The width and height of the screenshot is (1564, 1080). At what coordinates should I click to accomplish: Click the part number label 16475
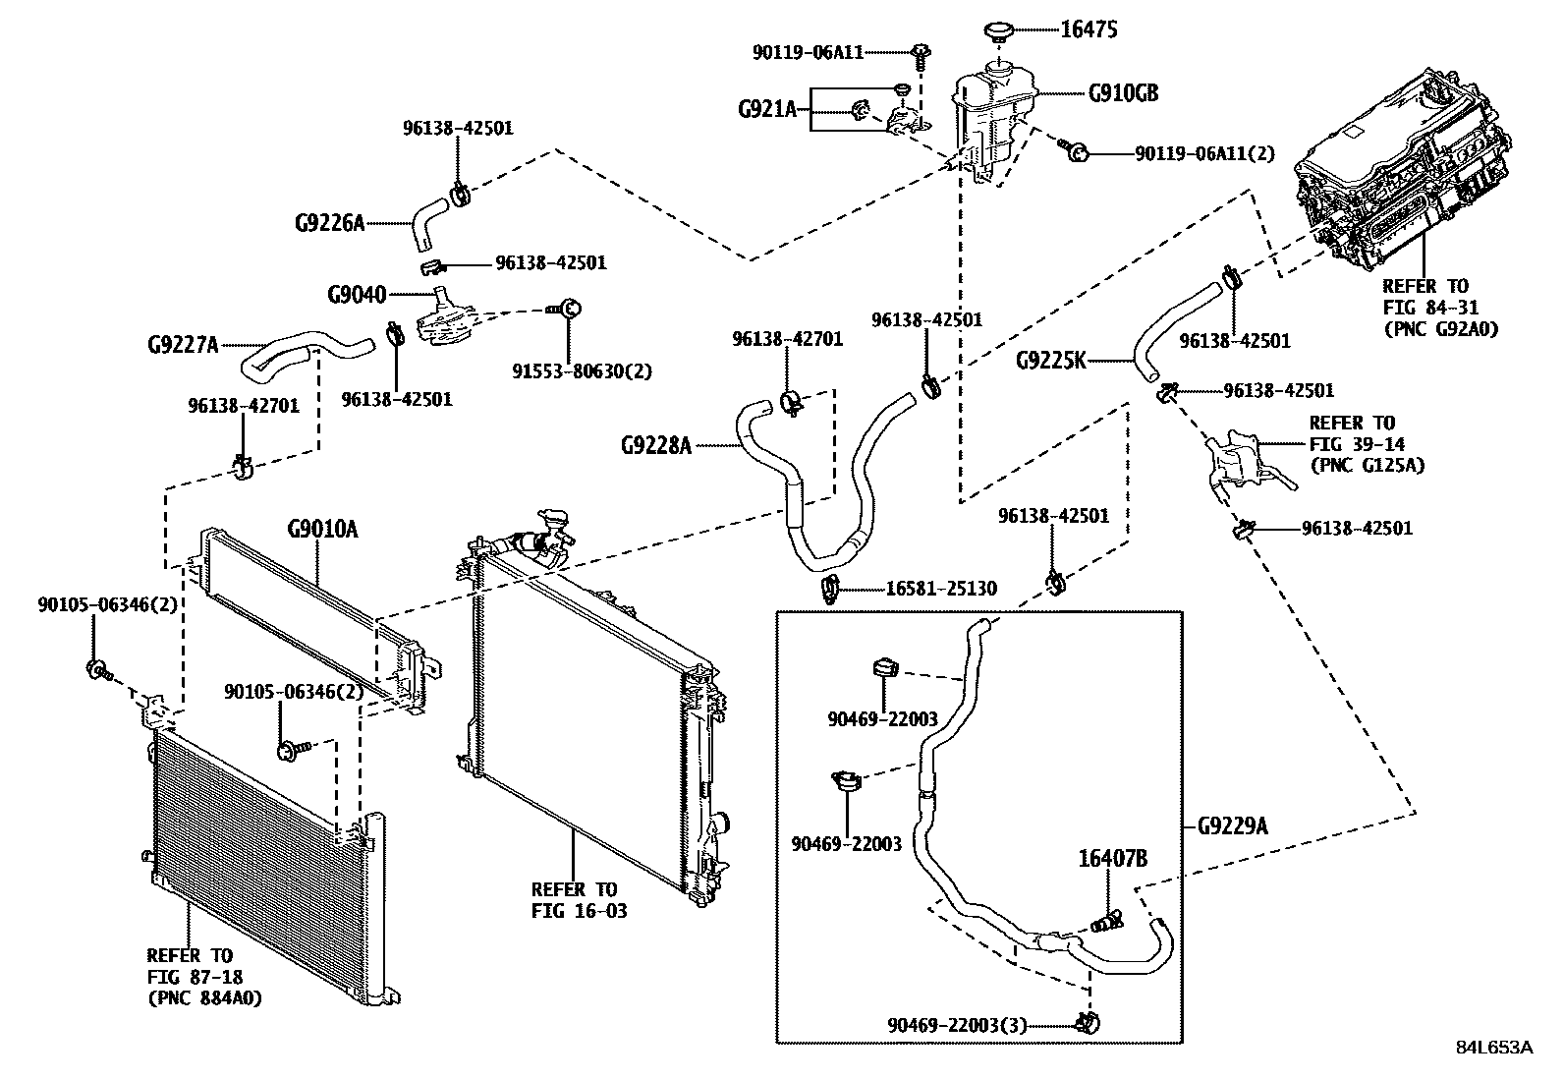pyautogui.click(x=1089, y=30)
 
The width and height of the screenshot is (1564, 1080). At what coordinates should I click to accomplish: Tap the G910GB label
pyautogui.click(x=1123, y=94)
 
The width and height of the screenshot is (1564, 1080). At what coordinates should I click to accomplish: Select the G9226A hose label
pyautogui.click(x=329, y=223)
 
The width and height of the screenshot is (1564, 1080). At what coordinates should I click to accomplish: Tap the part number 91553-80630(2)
pyautogui.click(x=582, y=371)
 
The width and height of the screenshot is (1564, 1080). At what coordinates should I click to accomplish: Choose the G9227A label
pyautogui.click(x=184, y=345)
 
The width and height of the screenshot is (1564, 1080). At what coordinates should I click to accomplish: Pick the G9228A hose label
pyautogui.click(x=656, y=445)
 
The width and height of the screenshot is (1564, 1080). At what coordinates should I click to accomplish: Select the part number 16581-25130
pyautogui.click(x=941, y=589)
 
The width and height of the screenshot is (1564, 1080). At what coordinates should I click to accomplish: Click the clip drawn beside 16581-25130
pyautogui.click(x=828, y=589)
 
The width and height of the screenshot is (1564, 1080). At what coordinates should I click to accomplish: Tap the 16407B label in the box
pyautogui.click(x=1113, y=858)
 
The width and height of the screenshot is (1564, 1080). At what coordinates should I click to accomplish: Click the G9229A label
pyautogui.click(x=1232, y=826)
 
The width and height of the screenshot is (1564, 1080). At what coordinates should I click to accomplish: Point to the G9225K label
pyautogui.click(x=1051, y=361)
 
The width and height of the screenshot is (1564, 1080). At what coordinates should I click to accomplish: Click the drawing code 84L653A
pyautogui.click(x=1493, y=1047)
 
